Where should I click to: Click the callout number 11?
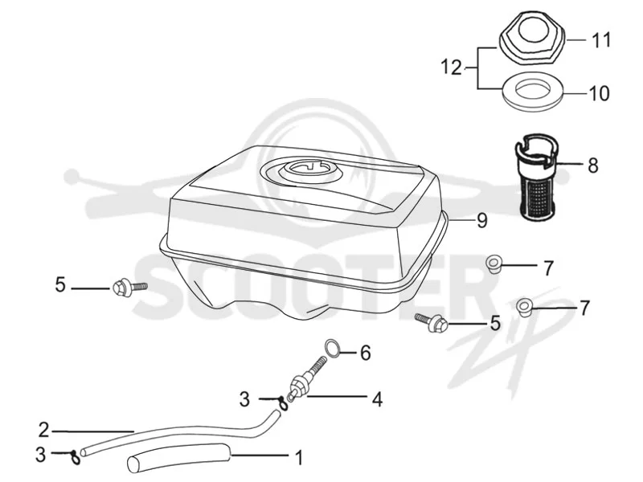pyautogui.click(x=600, y=40)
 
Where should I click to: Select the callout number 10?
pyautogui.click(x=599, y=93)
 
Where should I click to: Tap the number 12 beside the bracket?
pyautogui.click(x=452, y=67)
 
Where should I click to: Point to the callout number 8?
pyautogui.click(x=593, y=165)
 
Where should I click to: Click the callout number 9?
pyautogui.click(x=481, y=220)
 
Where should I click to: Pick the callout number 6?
pyautogui.click(x=366, y=353)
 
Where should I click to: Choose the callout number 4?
pyautogui.click(x=377, y=398)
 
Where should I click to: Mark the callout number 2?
pyautogui.click(x=44, y=431)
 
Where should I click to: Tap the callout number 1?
pyautogui.click(x=299, y=457)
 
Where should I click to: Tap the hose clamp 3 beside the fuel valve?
pyautogui.click(x=283, y=402)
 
